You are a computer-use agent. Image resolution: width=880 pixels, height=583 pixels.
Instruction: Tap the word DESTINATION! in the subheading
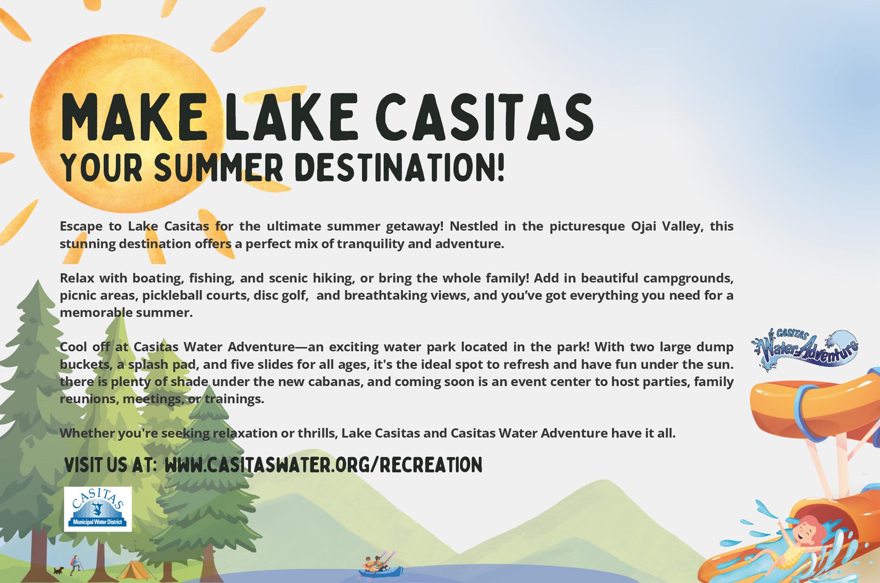[x=400, y=167]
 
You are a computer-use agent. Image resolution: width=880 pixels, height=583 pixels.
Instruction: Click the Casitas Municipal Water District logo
[x=98, y=509]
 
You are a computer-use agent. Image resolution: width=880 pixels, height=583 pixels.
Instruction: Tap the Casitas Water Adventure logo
[x=805, y=349]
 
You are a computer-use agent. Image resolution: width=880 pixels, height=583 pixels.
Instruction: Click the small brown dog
[x=59, y=570]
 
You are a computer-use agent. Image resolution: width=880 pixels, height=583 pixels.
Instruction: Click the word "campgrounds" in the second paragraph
[x=688, y=278]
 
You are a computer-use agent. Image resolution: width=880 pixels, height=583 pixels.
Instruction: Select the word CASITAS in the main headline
[x=484, y=117]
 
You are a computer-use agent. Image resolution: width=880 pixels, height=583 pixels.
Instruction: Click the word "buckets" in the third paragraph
[x=85, y=364]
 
